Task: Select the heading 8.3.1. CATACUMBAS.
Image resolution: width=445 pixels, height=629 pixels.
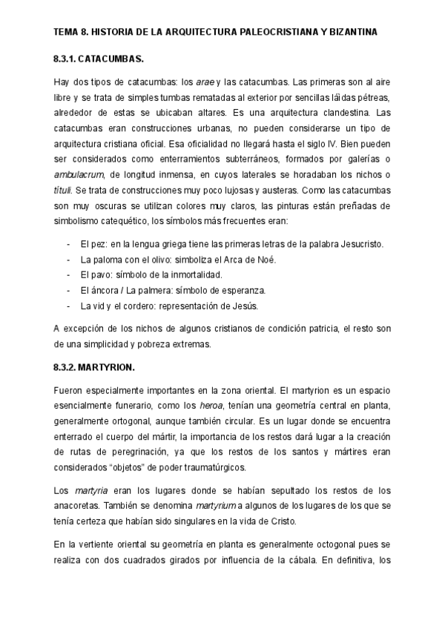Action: (x=99, y=57)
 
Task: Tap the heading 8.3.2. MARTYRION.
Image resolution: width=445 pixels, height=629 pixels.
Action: (x=95, y=367)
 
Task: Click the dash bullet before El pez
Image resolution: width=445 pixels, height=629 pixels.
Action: (x=67, y=244)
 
